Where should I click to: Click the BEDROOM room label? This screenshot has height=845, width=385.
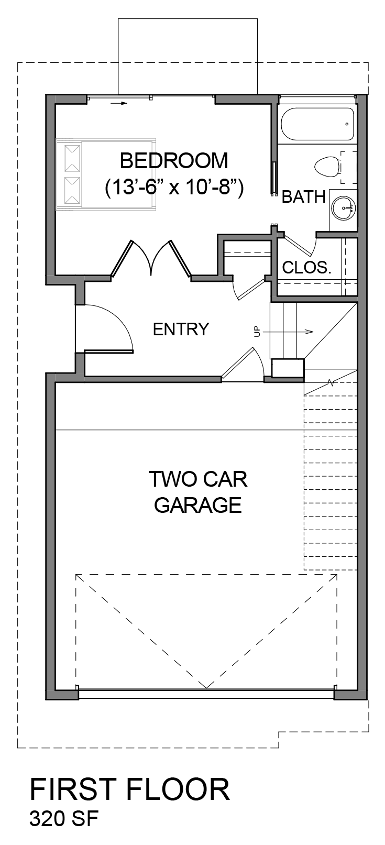tap(174, 160)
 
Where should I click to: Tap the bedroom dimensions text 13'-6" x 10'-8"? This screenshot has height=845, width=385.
tap(174, 186)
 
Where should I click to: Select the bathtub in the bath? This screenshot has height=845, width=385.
tap(317, 124)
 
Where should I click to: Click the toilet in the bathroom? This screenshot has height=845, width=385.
tap(327, 166)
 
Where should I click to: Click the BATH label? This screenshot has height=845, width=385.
tap(303, 197)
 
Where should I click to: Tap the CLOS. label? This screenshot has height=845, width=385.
tap(306, 268)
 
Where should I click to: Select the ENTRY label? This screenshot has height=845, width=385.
tap(181, 329)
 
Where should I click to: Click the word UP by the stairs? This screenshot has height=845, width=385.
tap(257, 332)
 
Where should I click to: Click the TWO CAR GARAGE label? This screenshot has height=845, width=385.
tap(198, 492)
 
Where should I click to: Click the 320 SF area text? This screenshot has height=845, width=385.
tap(64, 818)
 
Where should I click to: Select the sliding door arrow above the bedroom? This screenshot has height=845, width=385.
tap(120, 103)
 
